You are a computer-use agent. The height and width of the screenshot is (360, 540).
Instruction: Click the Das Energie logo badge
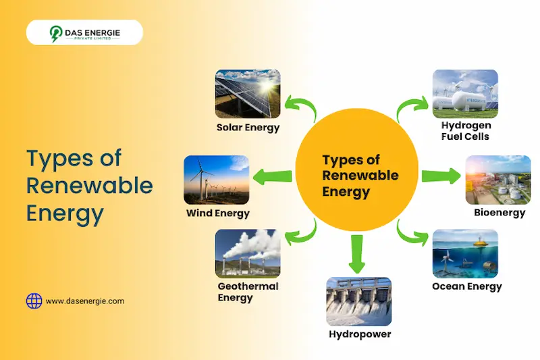[x=84, y=32]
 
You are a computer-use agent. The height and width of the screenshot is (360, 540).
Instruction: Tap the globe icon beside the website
[x=34, y=301]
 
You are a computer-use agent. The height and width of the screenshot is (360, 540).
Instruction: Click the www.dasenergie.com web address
[x=85, y=301]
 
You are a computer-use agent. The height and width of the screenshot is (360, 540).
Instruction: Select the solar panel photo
[x=248, y=93]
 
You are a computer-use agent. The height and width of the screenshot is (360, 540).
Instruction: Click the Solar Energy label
[x=248, y=127]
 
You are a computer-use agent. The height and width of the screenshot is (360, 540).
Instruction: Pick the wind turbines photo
[x=216, y=180]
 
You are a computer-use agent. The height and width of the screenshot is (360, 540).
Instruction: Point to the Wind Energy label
[x=218, y=213]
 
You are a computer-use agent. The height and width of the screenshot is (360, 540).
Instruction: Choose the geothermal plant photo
[x=248, y=253]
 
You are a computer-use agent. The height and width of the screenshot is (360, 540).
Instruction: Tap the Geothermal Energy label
[x=248, y=292]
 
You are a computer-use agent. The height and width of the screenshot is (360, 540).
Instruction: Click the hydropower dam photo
[x=359, y=301]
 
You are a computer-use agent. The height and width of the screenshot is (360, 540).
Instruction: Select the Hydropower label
[x=360, y=334]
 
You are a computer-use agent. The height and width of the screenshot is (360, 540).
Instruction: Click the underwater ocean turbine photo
[x=465, y=253]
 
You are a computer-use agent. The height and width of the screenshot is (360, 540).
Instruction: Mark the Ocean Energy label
[x=467, y=286]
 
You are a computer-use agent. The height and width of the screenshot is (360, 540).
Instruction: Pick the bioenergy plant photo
[x=498, y=180]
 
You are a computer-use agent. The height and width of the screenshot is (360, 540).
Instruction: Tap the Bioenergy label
[x=500, y=213]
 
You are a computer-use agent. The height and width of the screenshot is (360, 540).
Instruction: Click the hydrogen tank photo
[x=465, y=93]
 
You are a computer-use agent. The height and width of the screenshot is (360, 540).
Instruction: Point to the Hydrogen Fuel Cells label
[x=466, y=131]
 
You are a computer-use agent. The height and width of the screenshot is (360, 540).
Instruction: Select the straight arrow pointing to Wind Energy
[x=273, y=177]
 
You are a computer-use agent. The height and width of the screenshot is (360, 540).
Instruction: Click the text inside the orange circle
[x=360, y=176]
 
